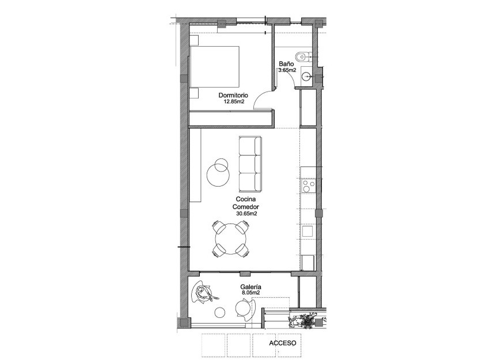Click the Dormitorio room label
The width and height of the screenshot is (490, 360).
click(x=233, y=96)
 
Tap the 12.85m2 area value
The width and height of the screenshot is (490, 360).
click(x=234, y=102)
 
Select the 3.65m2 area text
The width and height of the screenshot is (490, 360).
click(x=287, y=70)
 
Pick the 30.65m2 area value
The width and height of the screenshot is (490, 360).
click(x=246, y=213)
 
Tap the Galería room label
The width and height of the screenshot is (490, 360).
click(x=251, y=286)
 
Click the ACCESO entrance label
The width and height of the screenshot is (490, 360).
click(x=283, y=343)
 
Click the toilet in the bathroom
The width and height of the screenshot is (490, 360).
click(x=301, y=56)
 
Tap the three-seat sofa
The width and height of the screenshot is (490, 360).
click(x=250, y=164)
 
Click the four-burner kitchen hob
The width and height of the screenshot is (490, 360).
click(x=309, y=186)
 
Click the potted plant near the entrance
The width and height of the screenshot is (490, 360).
click(x=305, y=319)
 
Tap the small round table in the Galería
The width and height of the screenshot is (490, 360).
click(x=220, y=313)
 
